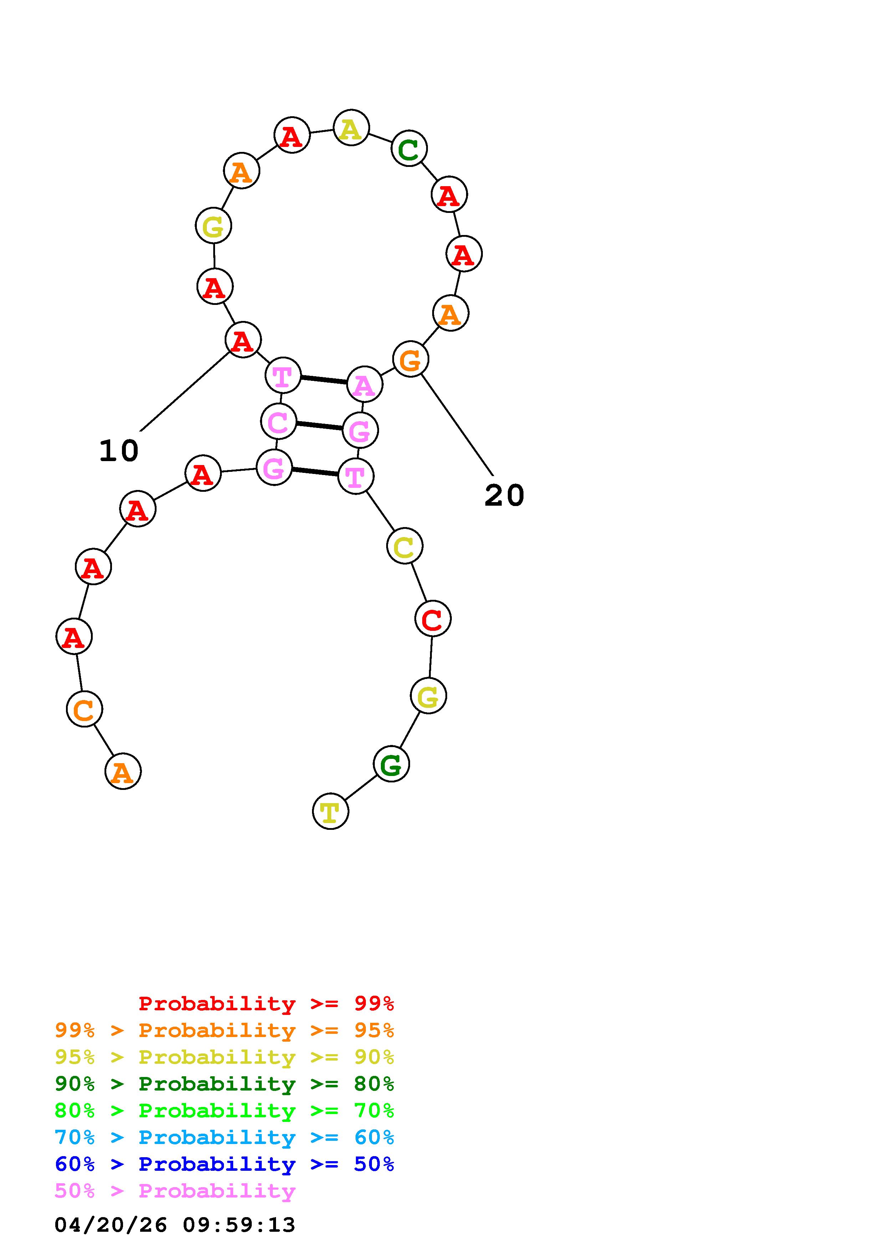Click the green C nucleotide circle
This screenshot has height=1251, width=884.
pos(409,148)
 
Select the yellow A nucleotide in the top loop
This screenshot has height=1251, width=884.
pos(351,128)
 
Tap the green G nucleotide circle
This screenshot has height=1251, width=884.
pos(391,764)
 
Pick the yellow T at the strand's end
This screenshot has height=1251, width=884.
pos(331,811)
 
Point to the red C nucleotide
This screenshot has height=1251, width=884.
pos(433,618)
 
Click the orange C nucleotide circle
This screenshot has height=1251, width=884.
pos(85,709)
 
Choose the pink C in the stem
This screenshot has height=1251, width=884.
pos(279,421)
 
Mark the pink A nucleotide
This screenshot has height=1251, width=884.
pos(364,384)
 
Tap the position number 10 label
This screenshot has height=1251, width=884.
pos(119,451)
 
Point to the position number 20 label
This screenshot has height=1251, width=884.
pos(504,496)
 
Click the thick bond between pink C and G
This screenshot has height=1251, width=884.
pos(319,425)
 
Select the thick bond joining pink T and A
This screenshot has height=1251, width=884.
pos(323,380)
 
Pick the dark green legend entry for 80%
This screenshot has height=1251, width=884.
pos(224,1084)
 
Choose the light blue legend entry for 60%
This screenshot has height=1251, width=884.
pos(224,1137)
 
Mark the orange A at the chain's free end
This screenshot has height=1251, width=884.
pos(123,771)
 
